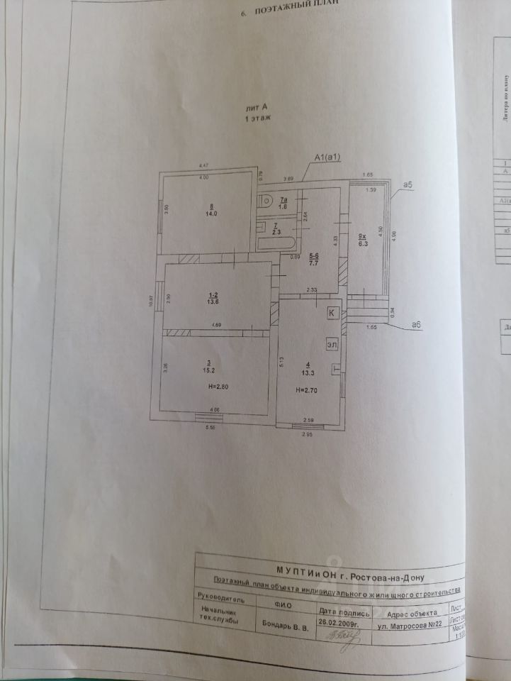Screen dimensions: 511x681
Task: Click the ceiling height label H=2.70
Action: [308, 389]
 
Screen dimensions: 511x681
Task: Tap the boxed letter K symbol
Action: [331, 312]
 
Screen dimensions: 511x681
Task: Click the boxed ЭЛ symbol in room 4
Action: [331, 344]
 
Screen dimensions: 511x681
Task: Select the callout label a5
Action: [407, 184]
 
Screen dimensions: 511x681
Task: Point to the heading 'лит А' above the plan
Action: [255, 106]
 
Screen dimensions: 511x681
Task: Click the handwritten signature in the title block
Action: [345, 637]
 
